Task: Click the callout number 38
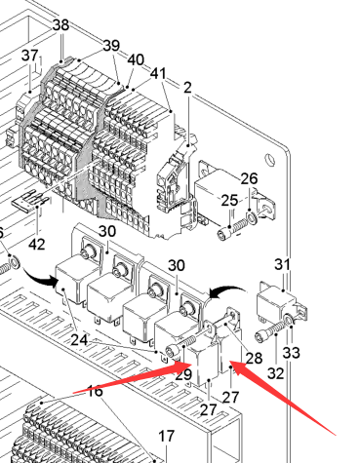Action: (60, 25)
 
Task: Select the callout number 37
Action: (30, 56)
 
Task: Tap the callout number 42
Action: (36, 244)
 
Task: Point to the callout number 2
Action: (187, 88)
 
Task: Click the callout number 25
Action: (229, 201)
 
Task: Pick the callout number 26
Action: (249, 178)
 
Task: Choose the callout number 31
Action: (282, 264)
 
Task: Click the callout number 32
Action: (275, 373)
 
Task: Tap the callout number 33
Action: (291, 353)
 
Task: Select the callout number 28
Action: (254, 358)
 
